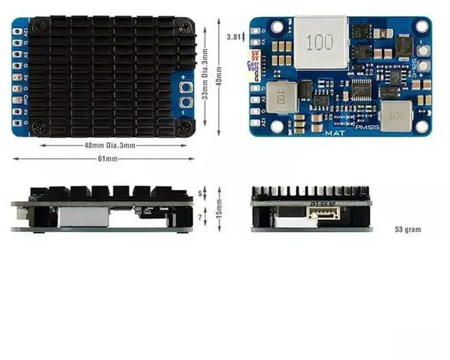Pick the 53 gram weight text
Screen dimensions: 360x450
coord(409,229)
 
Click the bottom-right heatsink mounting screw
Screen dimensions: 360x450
coord(185,127)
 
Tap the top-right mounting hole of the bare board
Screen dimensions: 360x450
coord(422,26)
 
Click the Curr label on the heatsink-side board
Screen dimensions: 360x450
coord(16,98)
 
